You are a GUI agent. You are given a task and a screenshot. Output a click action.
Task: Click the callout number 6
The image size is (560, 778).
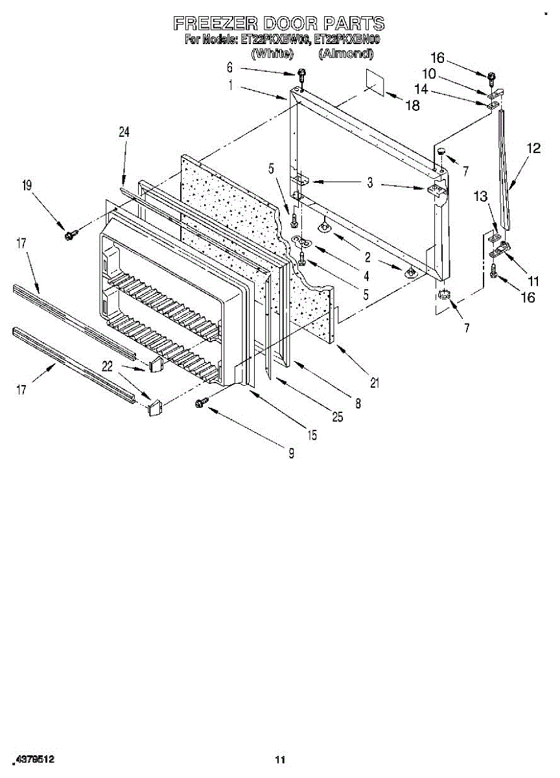(x=229, y=67)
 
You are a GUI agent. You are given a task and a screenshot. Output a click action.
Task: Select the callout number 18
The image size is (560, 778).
(x=412, y=106)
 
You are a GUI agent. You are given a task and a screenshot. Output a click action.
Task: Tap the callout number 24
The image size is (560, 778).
(x=124, y=132)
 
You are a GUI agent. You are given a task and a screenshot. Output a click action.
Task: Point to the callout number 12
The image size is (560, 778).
(x=533, y=148)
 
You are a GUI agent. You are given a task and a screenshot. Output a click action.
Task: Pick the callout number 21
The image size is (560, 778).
(x=374, y=383)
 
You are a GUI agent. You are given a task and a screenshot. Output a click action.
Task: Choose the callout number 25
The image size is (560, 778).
(x=337, y=418)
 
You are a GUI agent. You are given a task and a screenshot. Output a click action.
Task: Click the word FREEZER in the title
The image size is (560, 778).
(x=215, y=25)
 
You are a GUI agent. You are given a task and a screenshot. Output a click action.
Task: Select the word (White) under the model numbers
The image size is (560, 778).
(x=272, y=54)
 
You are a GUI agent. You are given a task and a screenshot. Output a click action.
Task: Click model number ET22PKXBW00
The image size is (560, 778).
(x=275, y=40)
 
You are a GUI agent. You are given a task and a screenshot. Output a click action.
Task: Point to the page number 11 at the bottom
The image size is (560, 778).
(x=280, y=759)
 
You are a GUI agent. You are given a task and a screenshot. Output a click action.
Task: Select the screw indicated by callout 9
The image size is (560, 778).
(x=200, y=403)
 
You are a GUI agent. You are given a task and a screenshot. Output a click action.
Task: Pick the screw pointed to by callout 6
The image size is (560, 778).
(x=301, y=73)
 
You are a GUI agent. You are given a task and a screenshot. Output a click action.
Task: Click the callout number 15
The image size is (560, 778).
(x=312, y=435)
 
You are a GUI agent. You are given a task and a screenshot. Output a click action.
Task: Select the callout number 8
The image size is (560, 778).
(x=358, y=403)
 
